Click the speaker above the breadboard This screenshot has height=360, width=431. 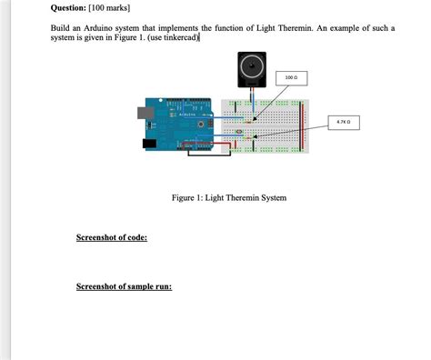[250, 68]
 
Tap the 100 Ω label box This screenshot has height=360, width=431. [290, 78]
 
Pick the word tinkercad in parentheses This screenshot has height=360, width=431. [179, 38]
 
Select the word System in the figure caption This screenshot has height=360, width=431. [272, 197]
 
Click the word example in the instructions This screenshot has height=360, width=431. [347, 28]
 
